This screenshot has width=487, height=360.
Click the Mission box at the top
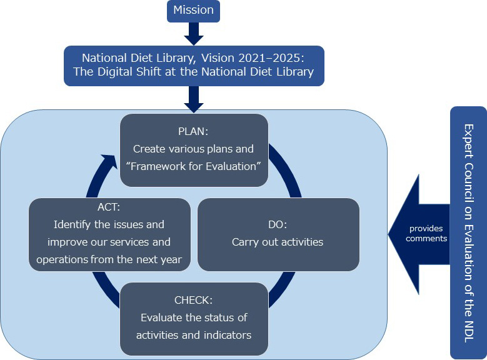(x=193, y=10)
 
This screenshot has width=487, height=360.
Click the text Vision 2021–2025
(x=252, y=57)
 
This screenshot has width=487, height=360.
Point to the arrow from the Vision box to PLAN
(x=193, y=99)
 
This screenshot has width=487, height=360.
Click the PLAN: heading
(x=194, y=133)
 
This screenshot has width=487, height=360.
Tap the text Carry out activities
(x=278, y=242)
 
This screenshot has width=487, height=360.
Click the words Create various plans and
(x=194, y=149)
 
